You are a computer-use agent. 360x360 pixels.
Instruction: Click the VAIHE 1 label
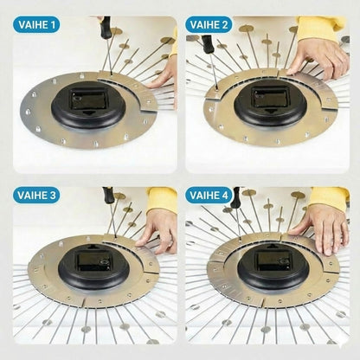coord(36,25)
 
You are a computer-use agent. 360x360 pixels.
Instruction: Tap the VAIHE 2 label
coord(209,25)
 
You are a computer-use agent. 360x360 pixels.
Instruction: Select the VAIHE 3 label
coord(36,196)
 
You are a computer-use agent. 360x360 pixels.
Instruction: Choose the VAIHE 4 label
coord(209,196)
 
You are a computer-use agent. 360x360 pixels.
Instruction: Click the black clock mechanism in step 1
coord(88,105)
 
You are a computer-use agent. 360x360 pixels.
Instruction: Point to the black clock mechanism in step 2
coord(270,103)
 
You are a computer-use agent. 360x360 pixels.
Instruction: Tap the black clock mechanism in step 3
coord(93,266)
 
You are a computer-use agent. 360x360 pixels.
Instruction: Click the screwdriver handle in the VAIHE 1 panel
coord(105,25)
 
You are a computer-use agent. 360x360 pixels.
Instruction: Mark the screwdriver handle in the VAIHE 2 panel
coord(208,44)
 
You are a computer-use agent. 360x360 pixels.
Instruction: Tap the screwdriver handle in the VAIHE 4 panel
coord(235,197)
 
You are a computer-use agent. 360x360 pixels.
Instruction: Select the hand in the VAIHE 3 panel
coord(157,230)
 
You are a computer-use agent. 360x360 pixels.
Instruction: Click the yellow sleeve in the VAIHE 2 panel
coord(321,29)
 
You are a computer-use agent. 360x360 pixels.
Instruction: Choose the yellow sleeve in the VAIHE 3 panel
coord(162,199)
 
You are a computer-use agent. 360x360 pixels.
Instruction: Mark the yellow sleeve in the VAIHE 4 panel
coord(330,198)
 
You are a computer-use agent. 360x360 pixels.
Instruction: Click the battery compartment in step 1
coord(88,100)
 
